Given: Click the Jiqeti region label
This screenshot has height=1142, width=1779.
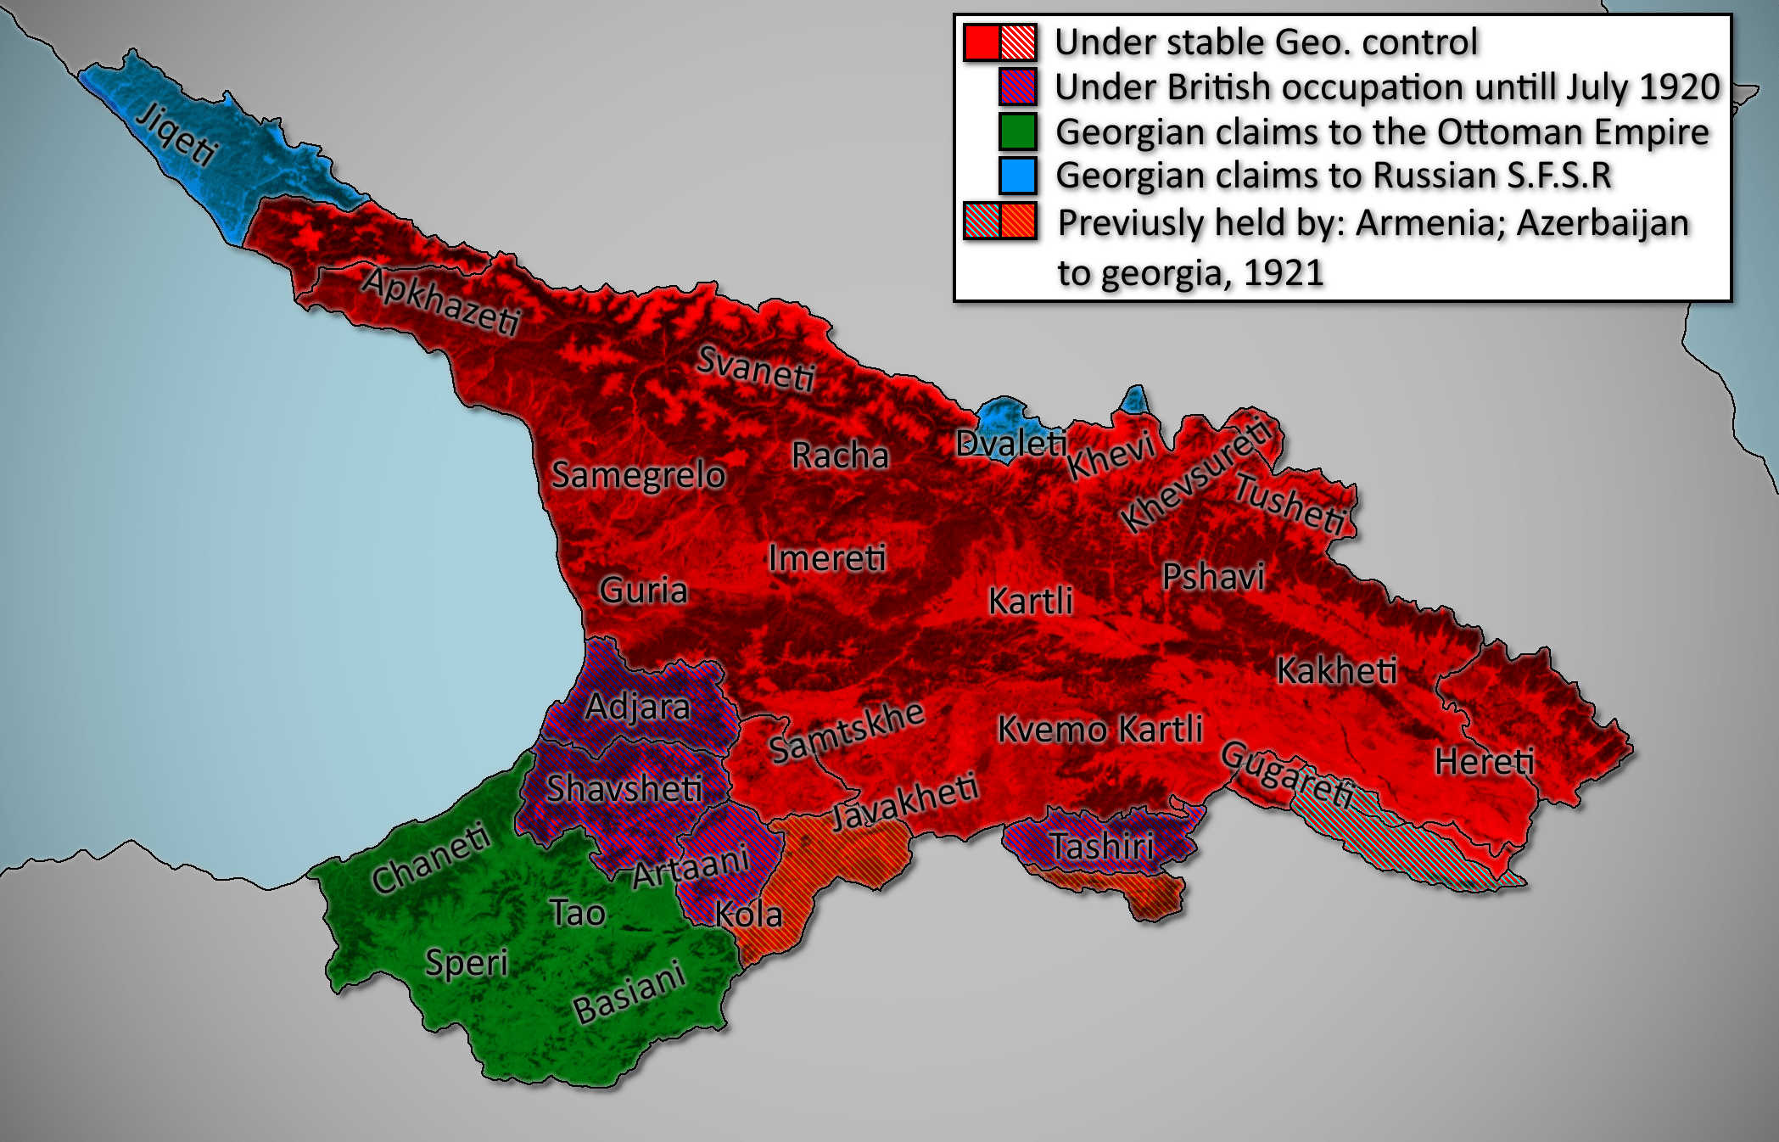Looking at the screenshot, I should (177, 134).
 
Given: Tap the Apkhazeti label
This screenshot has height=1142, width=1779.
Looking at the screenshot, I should (441, 301).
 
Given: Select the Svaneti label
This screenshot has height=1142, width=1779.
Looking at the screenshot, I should (756, 370).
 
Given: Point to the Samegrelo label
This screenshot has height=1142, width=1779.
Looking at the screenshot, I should (638, 474).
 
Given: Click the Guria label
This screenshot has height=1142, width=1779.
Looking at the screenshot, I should (643, 590).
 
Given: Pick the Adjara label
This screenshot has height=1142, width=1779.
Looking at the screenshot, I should (637, 706).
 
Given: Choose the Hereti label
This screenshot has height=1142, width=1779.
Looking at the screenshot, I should (1485, 761).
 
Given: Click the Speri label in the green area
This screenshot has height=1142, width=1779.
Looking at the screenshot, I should (466, 962).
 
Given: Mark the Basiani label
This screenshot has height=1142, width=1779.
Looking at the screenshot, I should (629, 992).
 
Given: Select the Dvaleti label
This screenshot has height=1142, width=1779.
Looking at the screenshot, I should (1010, 442).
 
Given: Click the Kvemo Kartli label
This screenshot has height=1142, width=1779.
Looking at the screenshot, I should (1099, 729).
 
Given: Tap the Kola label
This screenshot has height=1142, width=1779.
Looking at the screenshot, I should (748, 914).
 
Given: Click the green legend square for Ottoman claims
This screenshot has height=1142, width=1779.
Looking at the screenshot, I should (1017, 132).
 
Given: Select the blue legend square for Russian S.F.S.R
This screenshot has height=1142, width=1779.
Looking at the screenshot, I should (1017, 176).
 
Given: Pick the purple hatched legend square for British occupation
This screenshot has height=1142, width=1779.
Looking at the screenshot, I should (1017, 87).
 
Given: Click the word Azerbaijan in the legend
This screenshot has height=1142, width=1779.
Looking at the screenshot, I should (1603, 223).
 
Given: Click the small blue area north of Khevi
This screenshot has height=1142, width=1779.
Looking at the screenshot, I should (1135, 400).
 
